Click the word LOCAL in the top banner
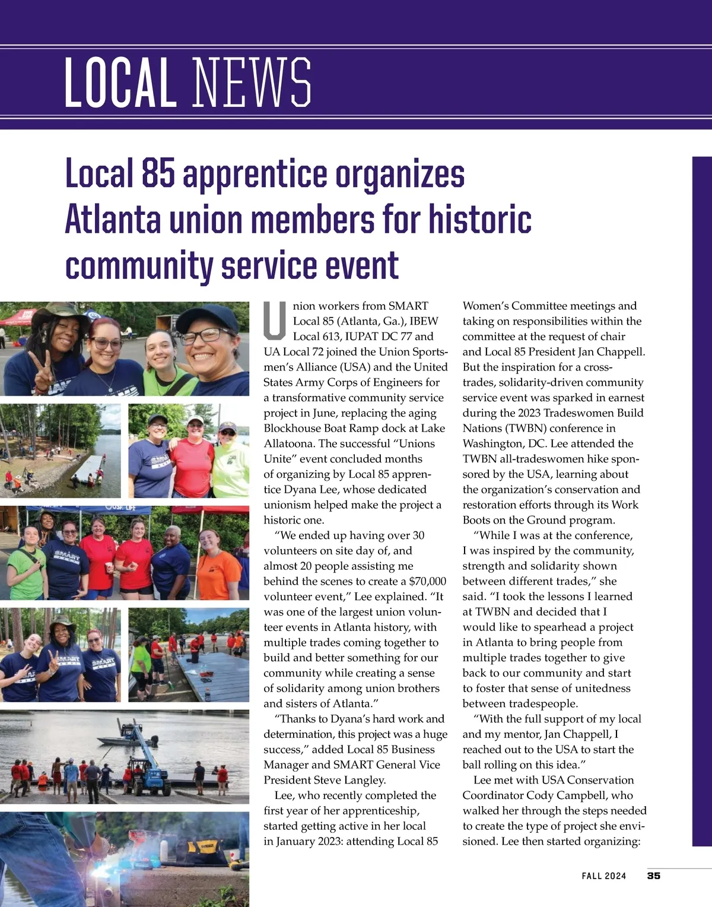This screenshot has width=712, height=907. pyautogui.click(x=120, y=83)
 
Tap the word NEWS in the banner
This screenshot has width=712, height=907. pyautogui.click(x=252, y=83)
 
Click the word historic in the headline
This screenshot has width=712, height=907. pyautogui.click(x=480, y=219)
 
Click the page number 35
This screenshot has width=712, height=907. pyautogui.click(x=653, y=876)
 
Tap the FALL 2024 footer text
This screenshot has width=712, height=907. pyautogui.click(x=603, y=876)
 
